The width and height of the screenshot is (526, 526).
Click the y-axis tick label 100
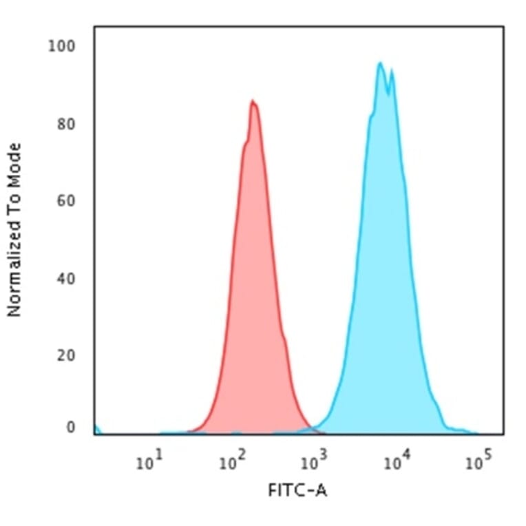(x=62, y=47)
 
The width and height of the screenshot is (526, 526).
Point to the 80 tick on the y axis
(x=66, y=125)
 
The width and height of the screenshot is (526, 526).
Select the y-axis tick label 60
(x=66, y=202)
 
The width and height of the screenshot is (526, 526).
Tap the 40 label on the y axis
(x=66, y=279)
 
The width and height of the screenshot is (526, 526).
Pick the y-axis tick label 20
(x=66, y=356)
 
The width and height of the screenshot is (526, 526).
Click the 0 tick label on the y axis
(x=71, y=428)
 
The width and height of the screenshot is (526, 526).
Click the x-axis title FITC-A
(x=297, y=491)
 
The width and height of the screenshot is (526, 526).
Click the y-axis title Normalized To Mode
(x=14, y=230)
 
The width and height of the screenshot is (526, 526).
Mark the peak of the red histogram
(x=253, y=102)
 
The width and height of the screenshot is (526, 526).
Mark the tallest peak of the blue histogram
(x=379, y=63)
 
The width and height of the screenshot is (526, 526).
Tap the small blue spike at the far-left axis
(x=96, y=430)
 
